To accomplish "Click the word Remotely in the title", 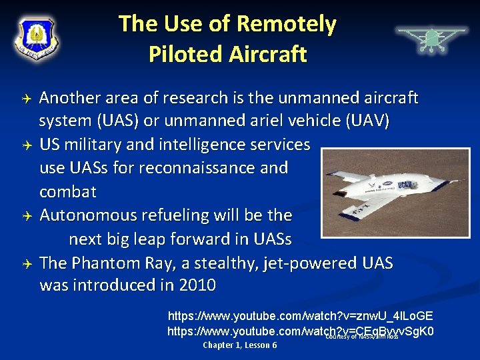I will tap(287, 24).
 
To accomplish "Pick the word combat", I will tap(67, 191).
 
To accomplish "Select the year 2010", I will tap(197, 285).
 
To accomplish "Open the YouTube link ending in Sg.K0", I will tap(300, 331).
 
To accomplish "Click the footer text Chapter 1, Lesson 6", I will tap(239, 345).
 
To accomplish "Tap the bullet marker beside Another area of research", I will tap(23, 99).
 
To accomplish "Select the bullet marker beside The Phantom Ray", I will tap(23, 263).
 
